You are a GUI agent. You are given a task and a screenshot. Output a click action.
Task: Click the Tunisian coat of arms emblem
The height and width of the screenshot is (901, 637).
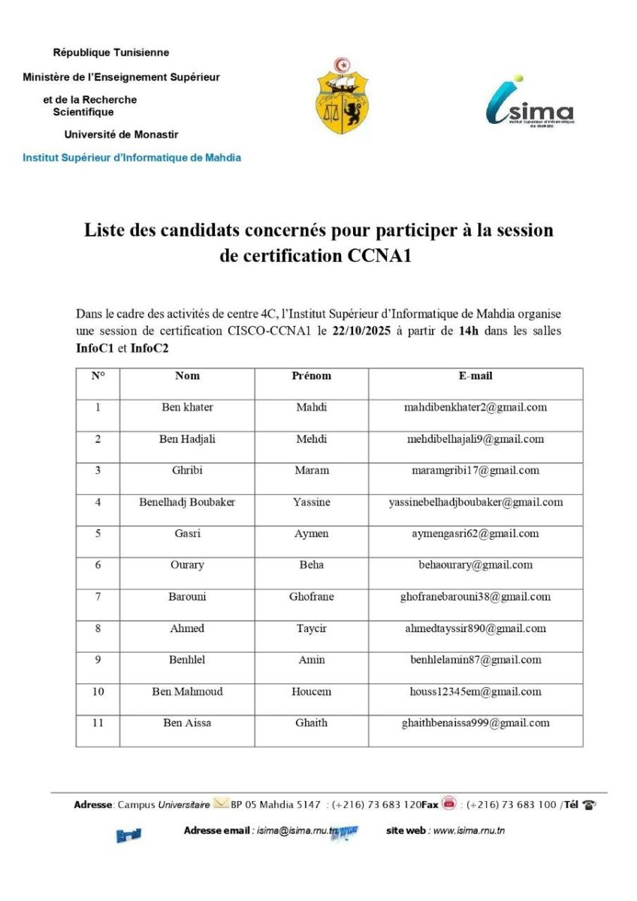pyautogui.click(x=342, y=95)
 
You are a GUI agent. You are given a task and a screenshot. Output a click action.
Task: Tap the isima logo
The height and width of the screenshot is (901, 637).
pyautogui.click(x=530, y=103)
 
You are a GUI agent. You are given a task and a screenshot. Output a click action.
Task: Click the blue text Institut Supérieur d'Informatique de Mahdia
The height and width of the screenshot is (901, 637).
pyautogui.click(x=132, y=158)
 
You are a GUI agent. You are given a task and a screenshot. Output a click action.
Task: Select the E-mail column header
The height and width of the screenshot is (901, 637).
pyautogui.click(x=475, y=375)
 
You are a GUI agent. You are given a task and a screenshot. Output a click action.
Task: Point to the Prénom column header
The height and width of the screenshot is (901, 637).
pyautogui.click(x=311, y=375)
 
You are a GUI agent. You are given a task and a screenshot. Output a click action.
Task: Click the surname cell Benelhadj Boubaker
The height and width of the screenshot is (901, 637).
pyautogui.click(x=187, y=502)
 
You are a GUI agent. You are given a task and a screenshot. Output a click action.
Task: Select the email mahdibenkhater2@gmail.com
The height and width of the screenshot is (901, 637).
pyautogui.click(x=475, y=408)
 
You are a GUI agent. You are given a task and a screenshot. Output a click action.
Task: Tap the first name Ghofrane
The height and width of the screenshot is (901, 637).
pyautogui.click(x=311, y=597)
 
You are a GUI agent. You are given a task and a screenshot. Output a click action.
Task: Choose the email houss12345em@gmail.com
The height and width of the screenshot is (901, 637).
pyautogui.click(x=475, y=692)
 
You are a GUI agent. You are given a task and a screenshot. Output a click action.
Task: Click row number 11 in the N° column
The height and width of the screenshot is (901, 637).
pyautogui.click(x=98, y=723)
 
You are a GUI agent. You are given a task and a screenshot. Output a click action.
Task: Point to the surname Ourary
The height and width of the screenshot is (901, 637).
pyautogui.click(x=187, y=565)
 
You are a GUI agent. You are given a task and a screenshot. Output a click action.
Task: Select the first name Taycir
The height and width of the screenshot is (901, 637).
pyautogui.click(x=311, y=628)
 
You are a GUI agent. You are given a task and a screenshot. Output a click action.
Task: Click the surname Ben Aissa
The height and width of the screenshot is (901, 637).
pyautogui.click(x=187, y=723)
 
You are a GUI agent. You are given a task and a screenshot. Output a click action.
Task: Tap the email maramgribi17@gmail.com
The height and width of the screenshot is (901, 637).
pyautogui.click(x=475, y=471)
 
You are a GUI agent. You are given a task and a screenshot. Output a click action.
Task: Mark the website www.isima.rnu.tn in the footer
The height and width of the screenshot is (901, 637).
pyautogui.click(x=469, y=830)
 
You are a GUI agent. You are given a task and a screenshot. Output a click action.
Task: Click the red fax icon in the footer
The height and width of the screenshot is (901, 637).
pyautogui.click(x=449, y=803)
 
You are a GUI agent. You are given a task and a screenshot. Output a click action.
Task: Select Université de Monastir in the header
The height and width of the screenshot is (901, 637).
pyautogui.click(x=121, y=134)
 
